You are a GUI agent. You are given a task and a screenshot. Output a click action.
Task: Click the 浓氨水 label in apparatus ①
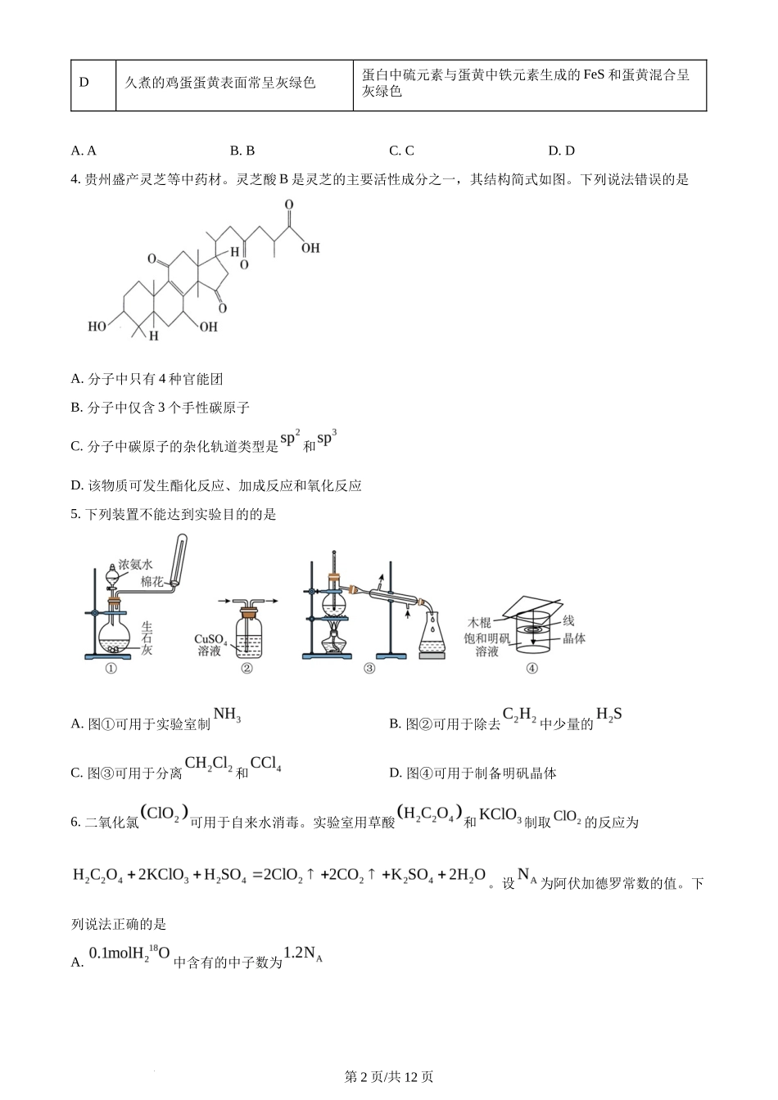135,564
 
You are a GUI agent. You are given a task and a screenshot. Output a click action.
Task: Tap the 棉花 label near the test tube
152,581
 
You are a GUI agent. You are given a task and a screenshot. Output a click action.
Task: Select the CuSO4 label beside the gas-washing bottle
210,638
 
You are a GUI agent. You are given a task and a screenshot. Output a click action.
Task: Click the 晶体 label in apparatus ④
574,638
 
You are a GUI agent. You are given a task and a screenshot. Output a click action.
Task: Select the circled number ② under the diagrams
247,668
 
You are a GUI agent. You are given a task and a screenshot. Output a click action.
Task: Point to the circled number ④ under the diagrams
531,668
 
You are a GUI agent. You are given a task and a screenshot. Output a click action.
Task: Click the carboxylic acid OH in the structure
310,247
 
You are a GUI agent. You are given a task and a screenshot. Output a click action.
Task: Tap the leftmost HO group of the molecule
97,327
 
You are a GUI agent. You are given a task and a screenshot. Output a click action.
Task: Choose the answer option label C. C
401,151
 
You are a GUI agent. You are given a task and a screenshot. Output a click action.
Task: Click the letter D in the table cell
84,83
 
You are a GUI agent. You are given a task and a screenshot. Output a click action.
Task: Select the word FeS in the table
594,74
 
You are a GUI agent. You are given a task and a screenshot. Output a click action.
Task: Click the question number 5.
75,515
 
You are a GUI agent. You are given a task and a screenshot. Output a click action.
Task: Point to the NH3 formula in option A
227,716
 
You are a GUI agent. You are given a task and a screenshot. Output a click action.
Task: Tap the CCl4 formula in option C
266,764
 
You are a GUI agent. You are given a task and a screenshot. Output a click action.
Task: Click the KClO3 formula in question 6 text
500,815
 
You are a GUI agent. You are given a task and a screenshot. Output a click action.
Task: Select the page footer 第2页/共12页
389,1077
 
